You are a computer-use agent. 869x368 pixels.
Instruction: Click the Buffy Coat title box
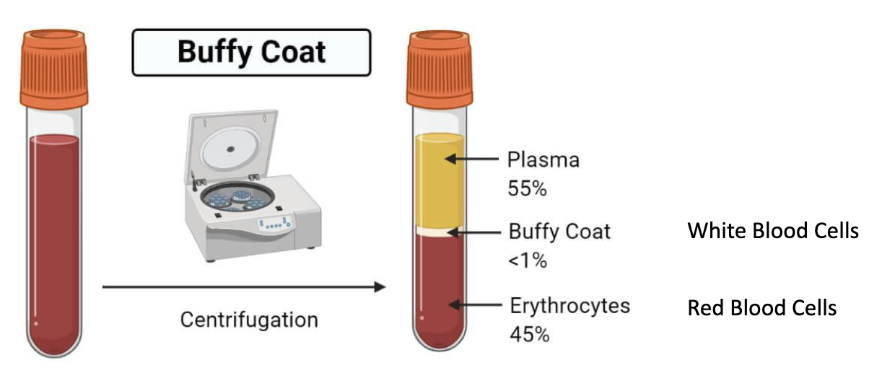pos(250,52)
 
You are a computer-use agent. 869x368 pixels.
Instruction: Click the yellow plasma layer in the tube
pos(439,180)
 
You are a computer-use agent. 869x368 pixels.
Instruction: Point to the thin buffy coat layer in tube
pos(439,232)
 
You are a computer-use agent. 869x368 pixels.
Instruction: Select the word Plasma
pos(543,159)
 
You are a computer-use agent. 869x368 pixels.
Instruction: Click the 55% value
pos(528,189)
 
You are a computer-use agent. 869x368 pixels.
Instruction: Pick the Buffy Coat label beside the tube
pos(559,232)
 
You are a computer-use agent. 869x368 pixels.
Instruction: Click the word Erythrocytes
pos(569,305)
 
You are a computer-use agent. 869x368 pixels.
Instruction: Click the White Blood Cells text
pos(773,232)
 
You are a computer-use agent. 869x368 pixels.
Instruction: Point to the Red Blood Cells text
pos(761,308)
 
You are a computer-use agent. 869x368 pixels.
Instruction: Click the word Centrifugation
pos(249,318)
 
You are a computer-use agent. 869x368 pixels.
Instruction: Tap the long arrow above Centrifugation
pos(242,287)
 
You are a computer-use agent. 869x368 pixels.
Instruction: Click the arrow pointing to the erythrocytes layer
pos(476,305)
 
